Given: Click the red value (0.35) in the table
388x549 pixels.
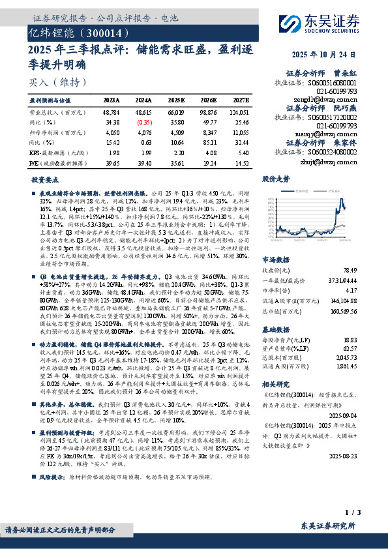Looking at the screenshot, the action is (145, 121).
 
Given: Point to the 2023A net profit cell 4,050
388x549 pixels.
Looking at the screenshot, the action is (112, 131).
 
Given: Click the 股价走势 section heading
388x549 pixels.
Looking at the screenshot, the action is (275, 178).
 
